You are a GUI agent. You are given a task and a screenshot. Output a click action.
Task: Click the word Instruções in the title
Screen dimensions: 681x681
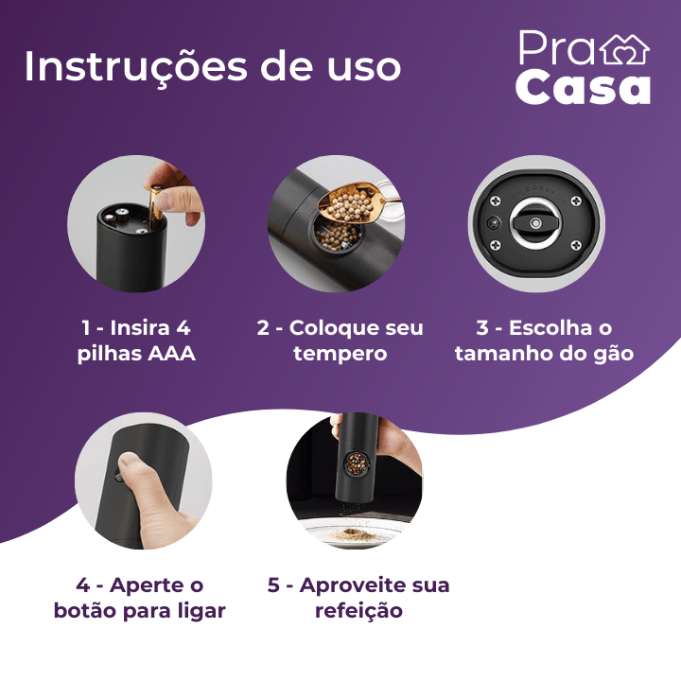135,67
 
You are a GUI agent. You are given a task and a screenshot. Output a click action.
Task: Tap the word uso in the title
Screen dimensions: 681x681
364,68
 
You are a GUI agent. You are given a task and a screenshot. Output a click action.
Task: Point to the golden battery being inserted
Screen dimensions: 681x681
154,207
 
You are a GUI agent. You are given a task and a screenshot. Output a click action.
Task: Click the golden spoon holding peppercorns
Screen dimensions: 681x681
353,202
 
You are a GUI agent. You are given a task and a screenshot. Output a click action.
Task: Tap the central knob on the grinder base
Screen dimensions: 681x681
535,223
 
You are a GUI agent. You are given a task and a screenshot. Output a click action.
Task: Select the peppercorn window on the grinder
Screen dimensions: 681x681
357,463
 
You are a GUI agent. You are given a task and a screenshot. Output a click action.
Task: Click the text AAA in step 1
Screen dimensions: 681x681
171,354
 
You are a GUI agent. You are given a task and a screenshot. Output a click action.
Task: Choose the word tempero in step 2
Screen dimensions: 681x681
340,355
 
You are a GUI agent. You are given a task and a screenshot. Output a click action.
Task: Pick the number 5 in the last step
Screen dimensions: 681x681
273,585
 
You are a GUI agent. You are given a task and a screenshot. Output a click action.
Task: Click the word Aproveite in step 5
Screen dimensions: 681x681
353,585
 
